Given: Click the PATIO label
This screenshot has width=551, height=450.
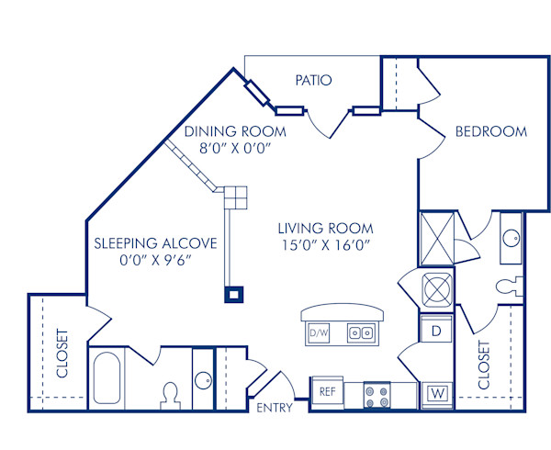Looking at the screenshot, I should pyautogui.click(x=313, y=80).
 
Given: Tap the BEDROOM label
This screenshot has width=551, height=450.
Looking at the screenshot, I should pyautogui.click(x=491, y=131).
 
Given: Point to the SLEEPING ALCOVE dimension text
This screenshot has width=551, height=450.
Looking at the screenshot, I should pyautogui.click(x=157, y=260).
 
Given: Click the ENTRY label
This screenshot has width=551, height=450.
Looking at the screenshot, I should pyautogui.click(x=275, y=407).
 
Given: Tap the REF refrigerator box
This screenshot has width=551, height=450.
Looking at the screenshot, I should pyautogui.click(x=326, y=391).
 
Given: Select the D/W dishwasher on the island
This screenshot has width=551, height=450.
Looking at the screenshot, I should pyautogui.click(x=319, y=332).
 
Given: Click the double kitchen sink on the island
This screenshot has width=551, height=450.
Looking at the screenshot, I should pyautogui.click(x=359, y=332).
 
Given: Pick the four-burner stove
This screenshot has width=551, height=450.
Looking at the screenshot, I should pyautogui.click(x=377, y=395).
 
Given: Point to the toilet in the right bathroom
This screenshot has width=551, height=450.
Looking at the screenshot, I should pyautogui.click(x=507, y=287).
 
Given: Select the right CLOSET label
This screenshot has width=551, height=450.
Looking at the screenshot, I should pyautogui.click(x=484, y=364).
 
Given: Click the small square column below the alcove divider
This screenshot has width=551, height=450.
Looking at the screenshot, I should pyautogui.click(x=234, y=295).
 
